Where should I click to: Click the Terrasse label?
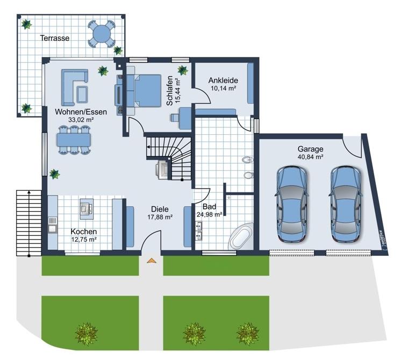click(55, 38)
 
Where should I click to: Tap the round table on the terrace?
click(102, 33)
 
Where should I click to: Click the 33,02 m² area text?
click(81, 120)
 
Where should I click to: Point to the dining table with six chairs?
click(74, 140)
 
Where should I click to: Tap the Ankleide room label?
click(223, 81)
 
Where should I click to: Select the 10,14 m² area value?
click(223, 88)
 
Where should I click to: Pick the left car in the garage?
click(292, 204)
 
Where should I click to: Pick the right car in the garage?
click(346, 204)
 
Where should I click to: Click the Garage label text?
click(310, 149)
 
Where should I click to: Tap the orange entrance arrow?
click(152, 261)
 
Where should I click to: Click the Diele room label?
click(160, 209)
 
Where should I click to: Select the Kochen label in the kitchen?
click(84, 232)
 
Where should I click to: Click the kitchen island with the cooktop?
click(87, 209)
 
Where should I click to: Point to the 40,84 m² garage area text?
click(310, 157)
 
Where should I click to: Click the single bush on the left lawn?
click(86, 334)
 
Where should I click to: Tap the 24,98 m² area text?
click(210, 214)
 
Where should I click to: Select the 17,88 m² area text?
click(160, 217)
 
